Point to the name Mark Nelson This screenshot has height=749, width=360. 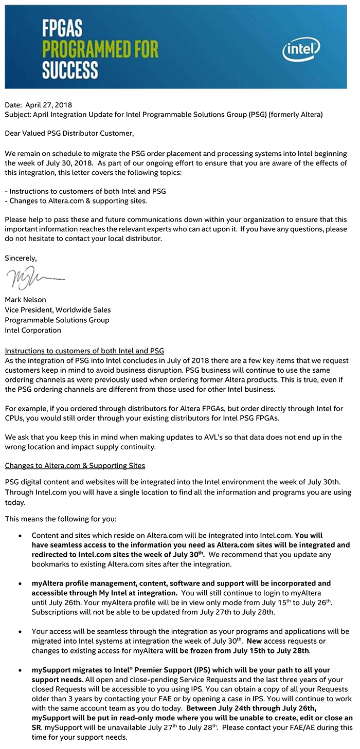pos(26,300)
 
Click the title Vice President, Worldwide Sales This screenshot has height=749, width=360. pos(58,310)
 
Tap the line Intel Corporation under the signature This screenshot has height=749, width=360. pos(33,330)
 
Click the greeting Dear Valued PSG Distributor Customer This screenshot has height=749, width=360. pos(69,134)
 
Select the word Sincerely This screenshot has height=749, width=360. pos(21,258)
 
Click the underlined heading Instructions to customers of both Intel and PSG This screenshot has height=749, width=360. pos(84,351)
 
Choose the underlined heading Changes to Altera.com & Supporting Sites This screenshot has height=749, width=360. pos(75,466)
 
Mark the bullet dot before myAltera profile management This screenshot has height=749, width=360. pos(20,584)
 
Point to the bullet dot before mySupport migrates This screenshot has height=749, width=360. pos(20,671)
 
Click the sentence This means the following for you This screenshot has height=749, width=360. pos(63,519)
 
